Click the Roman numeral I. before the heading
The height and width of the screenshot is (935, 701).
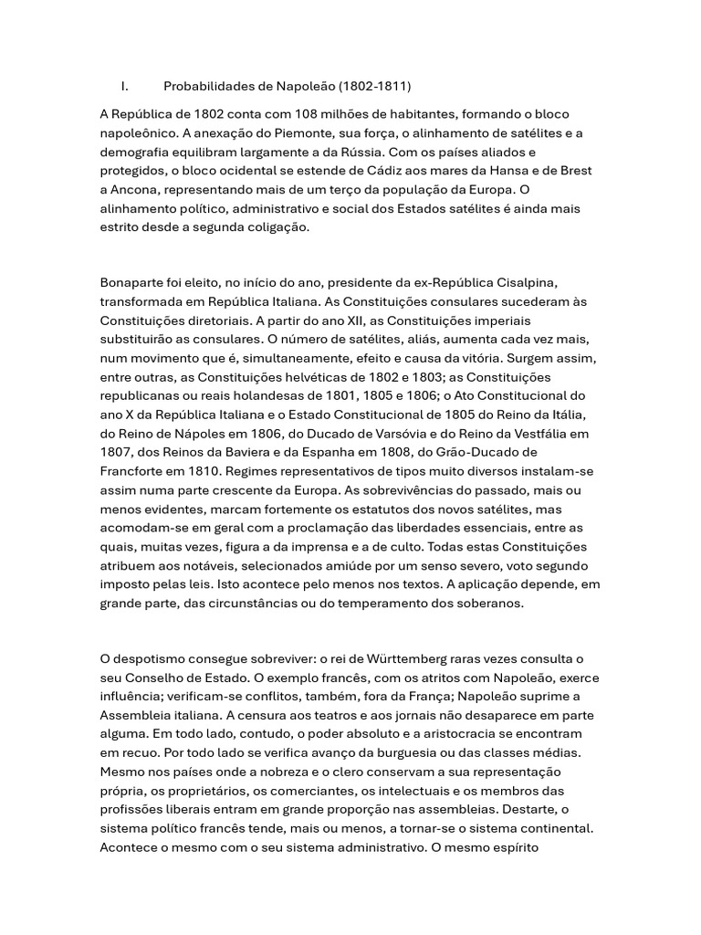point(124,87)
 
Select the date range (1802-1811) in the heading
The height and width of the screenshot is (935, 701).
point(374,87)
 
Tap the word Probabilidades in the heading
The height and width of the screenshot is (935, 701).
point(211,87)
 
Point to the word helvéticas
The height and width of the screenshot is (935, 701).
point(292,378)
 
